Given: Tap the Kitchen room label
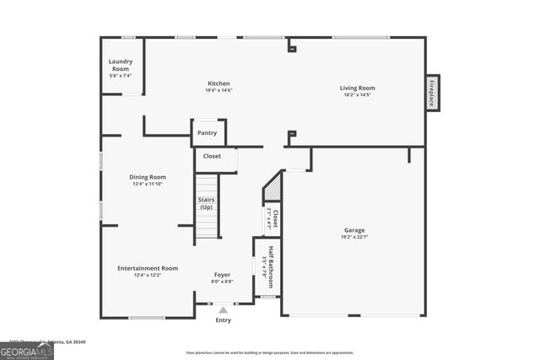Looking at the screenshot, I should [x=219, y=83].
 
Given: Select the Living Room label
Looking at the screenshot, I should [x=358, y=88].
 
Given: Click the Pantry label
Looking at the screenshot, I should [x=207, y=133].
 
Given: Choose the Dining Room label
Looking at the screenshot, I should [x=148, y=177].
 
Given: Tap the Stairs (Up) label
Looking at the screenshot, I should [x=207, y=203].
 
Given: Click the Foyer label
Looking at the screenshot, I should [x=222, y=275].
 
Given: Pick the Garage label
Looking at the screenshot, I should [x=354, y=230].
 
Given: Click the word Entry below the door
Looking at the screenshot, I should [x=223, y=320].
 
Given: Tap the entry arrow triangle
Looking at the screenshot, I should [x=223, y=309].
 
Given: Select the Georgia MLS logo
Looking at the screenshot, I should [x=27, y=350].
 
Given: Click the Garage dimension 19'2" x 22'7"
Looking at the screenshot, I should [x=354, y=237].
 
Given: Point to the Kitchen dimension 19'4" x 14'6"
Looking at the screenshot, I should [x=219, y=90].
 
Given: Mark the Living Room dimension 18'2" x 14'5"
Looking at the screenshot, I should [x=358, y=94].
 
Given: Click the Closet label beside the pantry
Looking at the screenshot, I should [x=212, y=156].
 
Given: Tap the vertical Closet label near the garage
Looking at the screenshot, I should [x=274, y=219].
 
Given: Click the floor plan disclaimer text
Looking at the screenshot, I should [x=282, y=352].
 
